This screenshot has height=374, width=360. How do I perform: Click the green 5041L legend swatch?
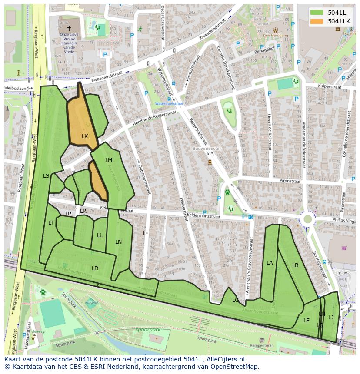pyautogui.click(x=317, y=12)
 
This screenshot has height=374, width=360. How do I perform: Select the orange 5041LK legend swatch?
pyautogui.click(x=317, y=21)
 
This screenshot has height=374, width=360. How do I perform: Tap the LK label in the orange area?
pyautogui.click(x=85, y=136)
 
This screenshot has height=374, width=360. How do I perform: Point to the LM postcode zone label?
pyautogui.click(x=109, y=160)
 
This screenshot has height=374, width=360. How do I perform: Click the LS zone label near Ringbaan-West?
pyautogui.click(x=46, y=176)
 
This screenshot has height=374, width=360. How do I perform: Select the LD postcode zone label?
pyautogui.click(x=95, y=268)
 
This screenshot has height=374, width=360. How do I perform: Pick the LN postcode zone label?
pyautogui.click(x=118, y=242)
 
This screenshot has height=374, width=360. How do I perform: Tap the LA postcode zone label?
pyautogui.click(x=270, y=263)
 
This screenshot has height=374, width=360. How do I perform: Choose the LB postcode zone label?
pyautogui.click(x=295, y=265)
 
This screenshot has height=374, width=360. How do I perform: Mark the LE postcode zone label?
pyautogui.click(x=307, y=321)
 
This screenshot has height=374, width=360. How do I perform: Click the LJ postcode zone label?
pyautogui.click(x=331, y=318)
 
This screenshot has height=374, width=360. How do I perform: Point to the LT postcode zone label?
pyautogui.click(x=51, y=223)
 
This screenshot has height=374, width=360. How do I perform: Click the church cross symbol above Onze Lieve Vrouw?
pyautogui.click(x=69, y=28)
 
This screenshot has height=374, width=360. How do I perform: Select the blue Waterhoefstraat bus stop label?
pyautogui.click(x=169, y=104)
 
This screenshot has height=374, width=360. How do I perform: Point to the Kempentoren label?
pyautogui.click(x=263, y=346)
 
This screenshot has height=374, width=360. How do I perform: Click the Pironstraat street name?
pyautogui.click(x=290, y=181)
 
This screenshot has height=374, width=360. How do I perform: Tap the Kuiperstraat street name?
pyautogui.click(x=329, y=86)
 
